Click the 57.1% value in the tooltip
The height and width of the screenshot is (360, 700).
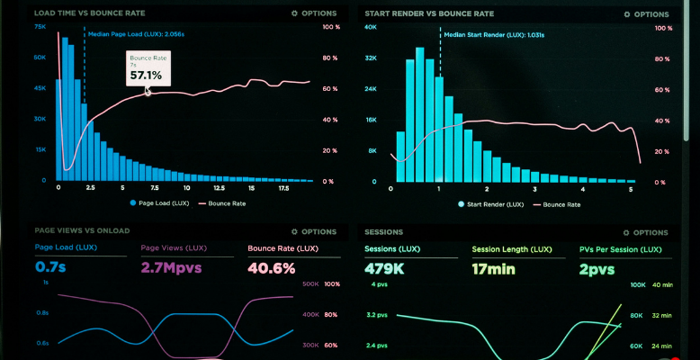[x=146, y=76]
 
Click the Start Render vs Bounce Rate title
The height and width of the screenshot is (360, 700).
[x=429, y=13]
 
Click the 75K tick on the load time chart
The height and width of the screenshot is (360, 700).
[x=40, y=27]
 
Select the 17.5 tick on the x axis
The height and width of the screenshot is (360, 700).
[x=283, y=189]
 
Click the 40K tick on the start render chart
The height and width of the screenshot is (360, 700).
[x=370, y=27]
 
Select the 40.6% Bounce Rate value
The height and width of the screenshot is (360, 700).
[x=271, y=267]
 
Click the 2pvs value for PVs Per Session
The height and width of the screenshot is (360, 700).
[x=596, y=267]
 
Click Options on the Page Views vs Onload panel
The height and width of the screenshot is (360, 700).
[x=314, y=231]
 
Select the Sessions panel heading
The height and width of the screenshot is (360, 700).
[x=384, y=231]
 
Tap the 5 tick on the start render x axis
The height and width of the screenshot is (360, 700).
[x=630, y=189]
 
